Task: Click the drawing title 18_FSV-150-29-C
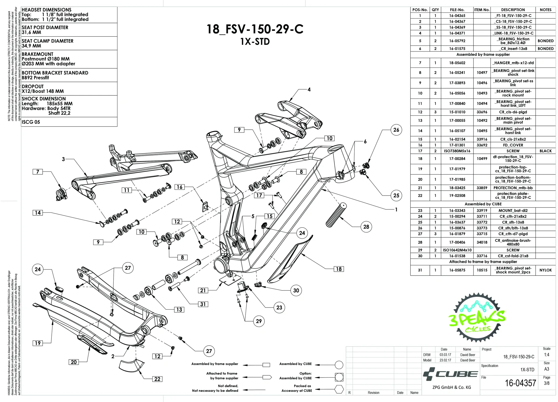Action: [255, 29]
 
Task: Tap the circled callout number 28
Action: [366, 227]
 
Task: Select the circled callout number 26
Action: [396, 130]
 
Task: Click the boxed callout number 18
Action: [339, 269]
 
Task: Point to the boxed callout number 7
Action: [37, 172]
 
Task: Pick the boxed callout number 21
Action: [203, 290]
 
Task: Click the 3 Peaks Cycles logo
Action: [477, 318]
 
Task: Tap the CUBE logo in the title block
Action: [450, 374]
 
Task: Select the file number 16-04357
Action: [520, 383]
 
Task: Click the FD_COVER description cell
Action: [513, 145]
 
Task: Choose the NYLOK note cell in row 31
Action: [545, 270]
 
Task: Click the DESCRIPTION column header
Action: [513, 10]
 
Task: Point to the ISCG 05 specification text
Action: [31, 122]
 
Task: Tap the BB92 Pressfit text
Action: [35, 78]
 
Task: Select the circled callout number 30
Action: [296, 290]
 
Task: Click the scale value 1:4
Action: [546, 355]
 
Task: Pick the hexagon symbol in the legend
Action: [339, 389]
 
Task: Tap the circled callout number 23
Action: [279, 308]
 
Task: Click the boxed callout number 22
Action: [157, 379]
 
